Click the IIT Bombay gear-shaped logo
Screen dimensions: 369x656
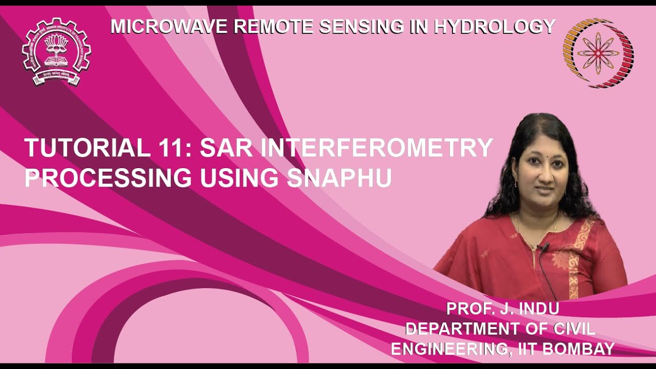pyautogui.click(x=56, y=51)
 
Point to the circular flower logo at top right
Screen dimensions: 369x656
pyautogui.click(x=598, y=53)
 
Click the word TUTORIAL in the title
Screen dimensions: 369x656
pyautogui.click(x=84, y=148)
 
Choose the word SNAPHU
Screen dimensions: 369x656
pyautogui.click(x=339, y=178)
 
